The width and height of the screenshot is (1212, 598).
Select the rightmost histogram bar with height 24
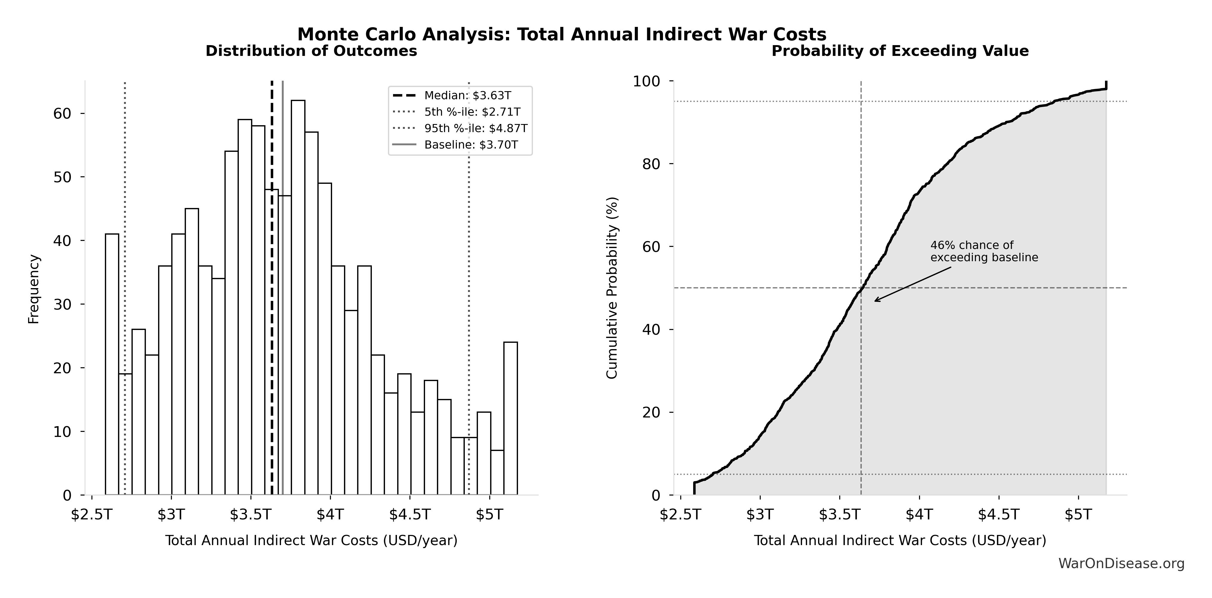point(511,418)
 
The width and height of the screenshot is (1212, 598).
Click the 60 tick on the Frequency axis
point(62,114)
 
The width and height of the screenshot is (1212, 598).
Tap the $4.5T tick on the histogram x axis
point(410,515)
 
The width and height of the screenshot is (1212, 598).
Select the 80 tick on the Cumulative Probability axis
point(651,164)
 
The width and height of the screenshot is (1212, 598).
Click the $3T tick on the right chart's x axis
point(760,515)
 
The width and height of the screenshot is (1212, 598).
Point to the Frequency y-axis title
point(34,289)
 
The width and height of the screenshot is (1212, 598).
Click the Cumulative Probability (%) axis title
point(612,288)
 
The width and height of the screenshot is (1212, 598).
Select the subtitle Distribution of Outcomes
point(311,51)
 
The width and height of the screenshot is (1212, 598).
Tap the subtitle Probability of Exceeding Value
point(900,51)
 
